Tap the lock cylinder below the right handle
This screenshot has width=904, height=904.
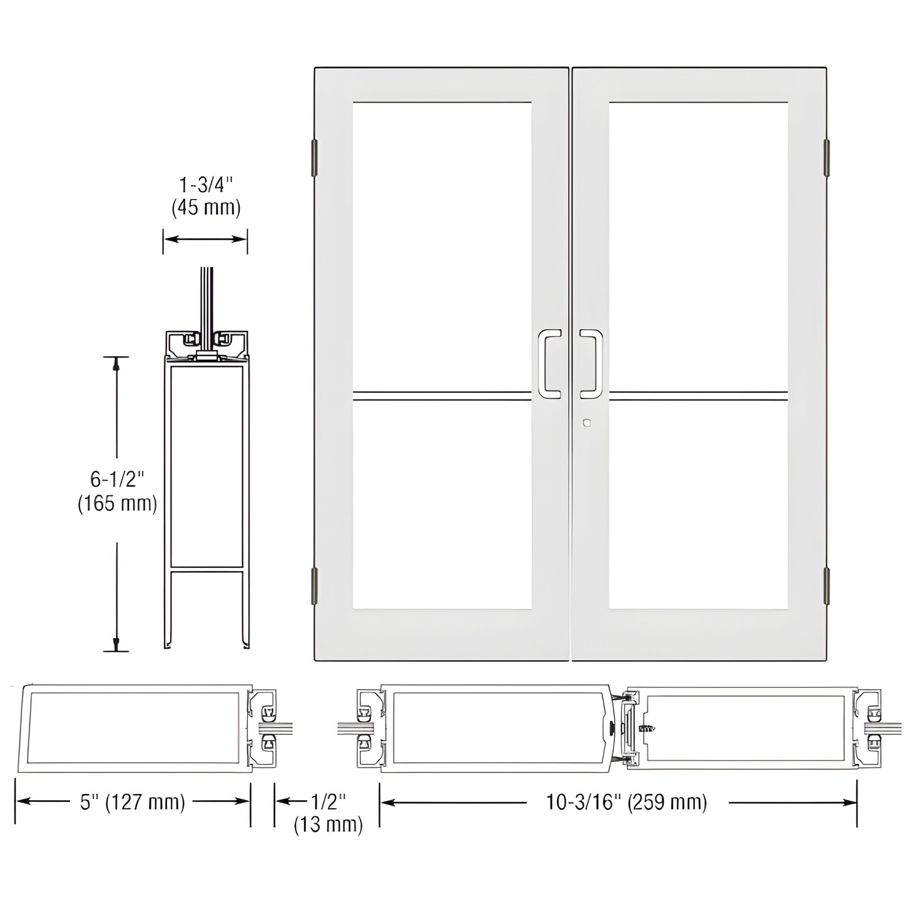click(586, 424)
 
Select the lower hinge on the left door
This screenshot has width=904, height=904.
click(314, 586)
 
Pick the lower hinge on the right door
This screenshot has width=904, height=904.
click(826, 586)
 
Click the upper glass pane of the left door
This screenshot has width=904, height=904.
click(442, 244)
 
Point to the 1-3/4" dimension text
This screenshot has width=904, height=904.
click(206, 185)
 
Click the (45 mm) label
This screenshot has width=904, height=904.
click(206, 208)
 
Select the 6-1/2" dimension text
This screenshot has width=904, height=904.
click(117, 480)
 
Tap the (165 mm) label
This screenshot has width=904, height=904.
click(117, 503)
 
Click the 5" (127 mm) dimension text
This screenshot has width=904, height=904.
click(133, 802)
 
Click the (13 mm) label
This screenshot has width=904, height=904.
click(328, 824)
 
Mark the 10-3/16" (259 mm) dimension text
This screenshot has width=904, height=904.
click(627, 802)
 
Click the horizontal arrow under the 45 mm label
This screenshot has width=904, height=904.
click(205, 239)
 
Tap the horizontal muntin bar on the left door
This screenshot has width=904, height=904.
click(442, 395)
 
